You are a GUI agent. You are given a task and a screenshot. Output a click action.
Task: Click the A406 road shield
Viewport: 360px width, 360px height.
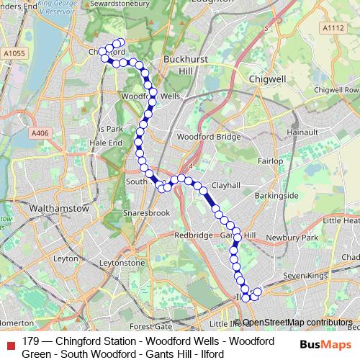(x=40, y=132)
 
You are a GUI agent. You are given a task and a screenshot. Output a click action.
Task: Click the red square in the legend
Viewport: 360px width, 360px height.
(x=11, y=342)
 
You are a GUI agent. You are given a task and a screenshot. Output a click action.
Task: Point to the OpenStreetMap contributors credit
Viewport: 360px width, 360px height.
(x=297, y=323)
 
